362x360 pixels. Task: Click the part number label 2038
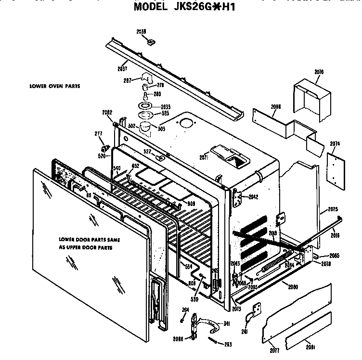[141, 32]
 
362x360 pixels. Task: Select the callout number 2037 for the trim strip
[123, 68]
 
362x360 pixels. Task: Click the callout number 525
[165, 113]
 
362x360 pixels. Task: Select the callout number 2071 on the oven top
[203, 157]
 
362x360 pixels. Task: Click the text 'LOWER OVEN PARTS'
[54, 86]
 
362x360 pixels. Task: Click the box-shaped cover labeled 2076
[311, 97]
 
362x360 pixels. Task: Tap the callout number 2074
[335, 143]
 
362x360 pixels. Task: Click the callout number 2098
[276, 107]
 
